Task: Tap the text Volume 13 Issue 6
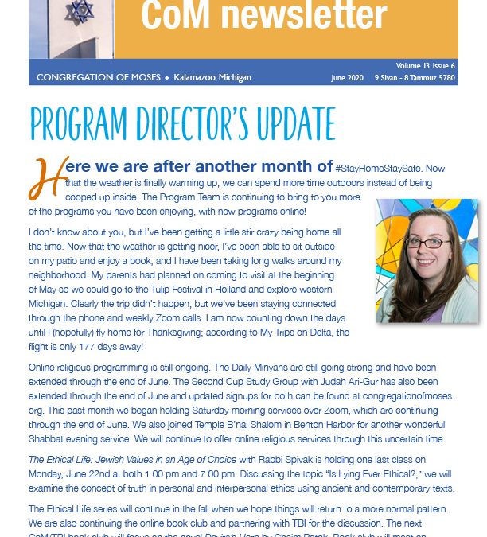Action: [x=427, y=65]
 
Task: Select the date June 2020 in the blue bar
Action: [x=350, y=78]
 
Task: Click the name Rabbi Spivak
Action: [x=279, y=459]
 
